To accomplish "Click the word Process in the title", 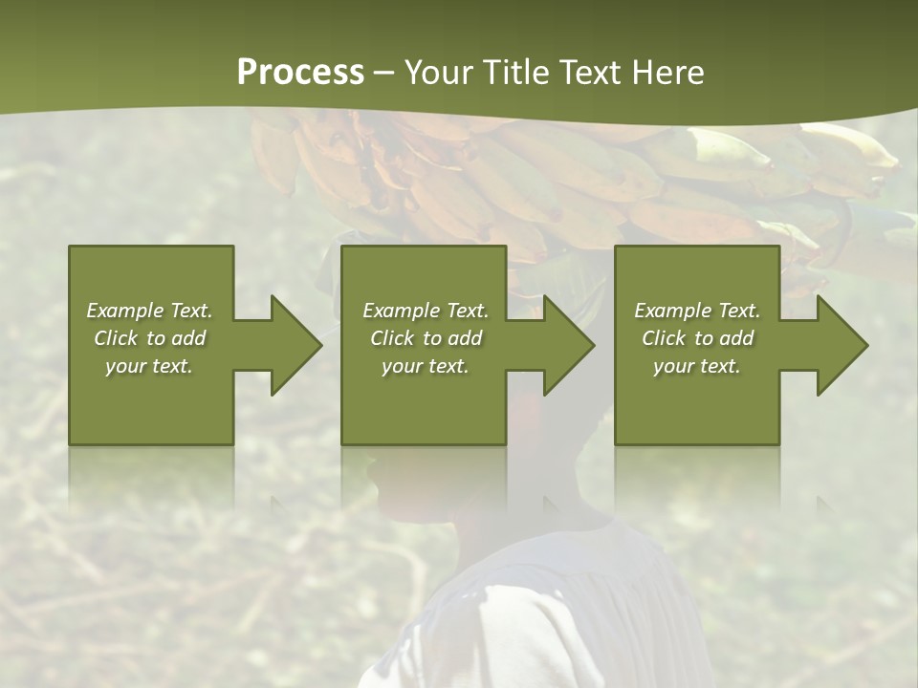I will (300, 73).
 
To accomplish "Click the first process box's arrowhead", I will (292, 345).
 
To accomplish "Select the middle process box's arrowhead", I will (564, 345).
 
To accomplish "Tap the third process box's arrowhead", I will (838, 345).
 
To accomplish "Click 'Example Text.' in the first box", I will (149, 311).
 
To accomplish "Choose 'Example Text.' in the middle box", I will (426, 311).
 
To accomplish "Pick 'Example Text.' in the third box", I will (697, 311).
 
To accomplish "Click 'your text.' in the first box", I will (149, 366).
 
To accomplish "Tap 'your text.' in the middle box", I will (426, 366).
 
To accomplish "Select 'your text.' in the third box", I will (697, 366).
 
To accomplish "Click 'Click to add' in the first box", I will (149, 338).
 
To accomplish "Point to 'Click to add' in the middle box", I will (426, 338).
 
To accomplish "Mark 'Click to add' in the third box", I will (697, 338).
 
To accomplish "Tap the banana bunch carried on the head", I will (574, 182).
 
